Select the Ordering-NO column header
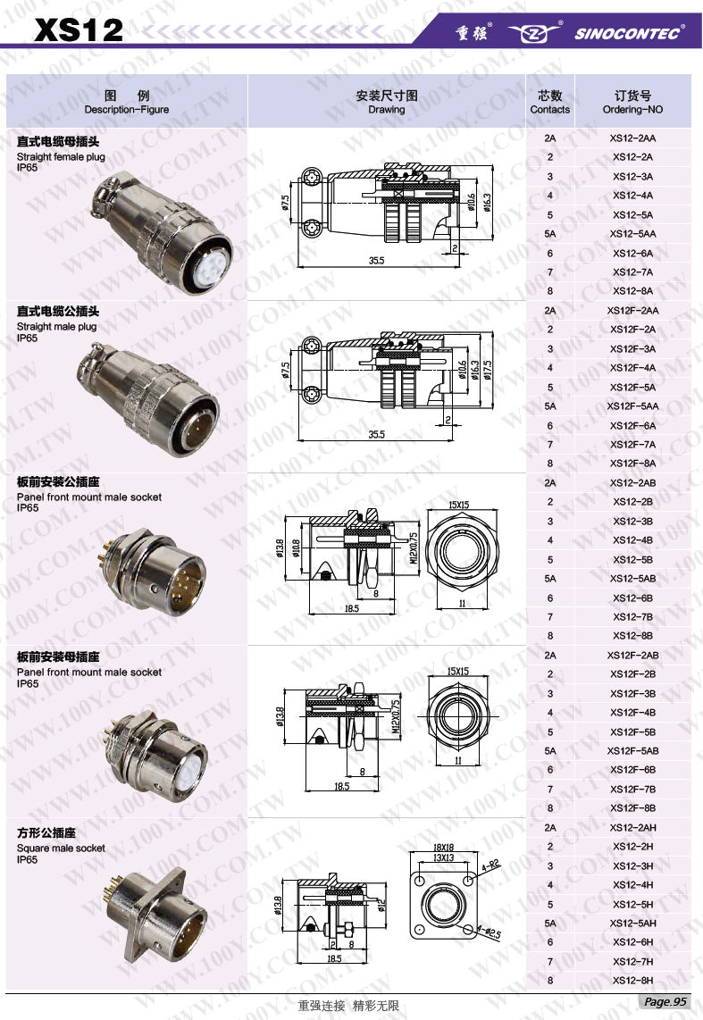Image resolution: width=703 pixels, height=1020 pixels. (632, 102)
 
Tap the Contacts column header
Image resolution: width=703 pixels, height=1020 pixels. (549, 102)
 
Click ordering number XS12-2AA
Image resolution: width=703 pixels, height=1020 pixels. (632, 138)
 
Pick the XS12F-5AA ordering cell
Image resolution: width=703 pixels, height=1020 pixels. (632, 406)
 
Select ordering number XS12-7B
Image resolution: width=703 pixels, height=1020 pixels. (632, 617)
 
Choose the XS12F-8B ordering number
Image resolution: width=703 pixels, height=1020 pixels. (632, 808)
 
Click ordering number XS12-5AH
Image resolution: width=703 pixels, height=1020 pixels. (632, 924)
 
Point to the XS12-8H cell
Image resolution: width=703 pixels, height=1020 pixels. (632, 981)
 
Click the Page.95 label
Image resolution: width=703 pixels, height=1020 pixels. (665, 1001)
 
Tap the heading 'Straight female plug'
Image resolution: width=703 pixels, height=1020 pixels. (61, 157)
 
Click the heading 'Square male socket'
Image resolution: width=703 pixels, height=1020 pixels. (61, 849)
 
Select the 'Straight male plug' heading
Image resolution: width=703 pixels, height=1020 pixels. (57, 327)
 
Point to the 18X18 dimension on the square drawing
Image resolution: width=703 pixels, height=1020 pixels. (443, 847)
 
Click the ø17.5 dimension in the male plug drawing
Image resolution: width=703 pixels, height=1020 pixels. (487, 369)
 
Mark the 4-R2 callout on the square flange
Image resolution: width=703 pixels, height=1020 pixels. (490, 865)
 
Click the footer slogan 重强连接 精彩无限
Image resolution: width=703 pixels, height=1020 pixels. (348, 1007)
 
